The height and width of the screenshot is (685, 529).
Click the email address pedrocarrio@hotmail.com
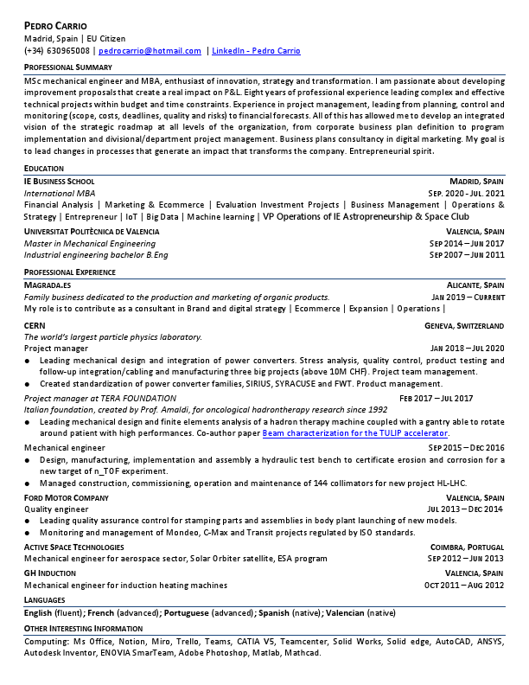tap(156, 51)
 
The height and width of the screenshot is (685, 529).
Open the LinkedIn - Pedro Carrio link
tap(256, 51)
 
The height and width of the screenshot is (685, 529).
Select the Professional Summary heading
tap(67, 67)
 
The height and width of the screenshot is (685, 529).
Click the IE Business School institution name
tap(59, 181)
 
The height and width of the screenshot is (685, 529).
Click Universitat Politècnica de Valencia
tap(92, 232)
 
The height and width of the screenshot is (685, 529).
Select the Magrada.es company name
tap(48, 285)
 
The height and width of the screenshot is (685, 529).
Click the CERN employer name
tap(35, 325)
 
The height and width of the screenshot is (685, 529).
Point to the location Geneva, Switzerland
tap(464, 325)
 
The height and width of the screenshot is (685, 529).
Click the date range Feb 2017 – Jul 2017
tap(436, 398)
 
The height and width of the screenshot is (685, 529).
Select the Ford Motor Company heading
tap(66, 498)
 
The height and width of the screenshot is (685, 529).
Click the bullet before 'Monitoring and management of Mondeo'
tap(29, 533)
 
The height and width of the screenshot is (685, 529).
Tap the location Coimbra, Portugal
tap(467, 547)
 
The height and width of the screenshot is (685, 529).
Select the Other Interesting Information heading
tap(83, 628)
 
